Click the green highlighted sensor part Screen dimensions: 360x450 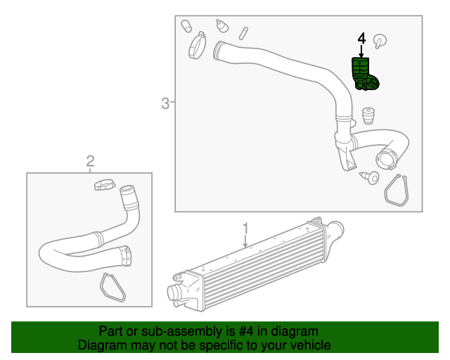[364, 75]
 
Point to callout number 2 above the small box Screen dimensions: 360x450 [90, 162]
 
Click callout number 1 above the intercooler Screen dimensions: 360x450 [245, 229]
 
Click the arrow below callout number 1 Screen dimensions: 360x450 [245, 243]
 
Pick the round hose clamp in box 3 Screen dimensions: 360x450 [196, 47]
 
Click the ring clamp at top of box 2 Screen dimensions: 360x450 [104, 186]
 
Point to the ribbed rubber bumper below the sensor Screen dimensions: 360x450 [366, 115]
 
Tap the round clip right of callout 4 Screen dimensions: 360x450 [380, 40]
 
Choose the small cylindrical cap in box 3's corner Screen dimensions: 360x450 [187, 27]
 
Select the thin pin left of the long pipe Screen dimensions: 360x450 [243, 33]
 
